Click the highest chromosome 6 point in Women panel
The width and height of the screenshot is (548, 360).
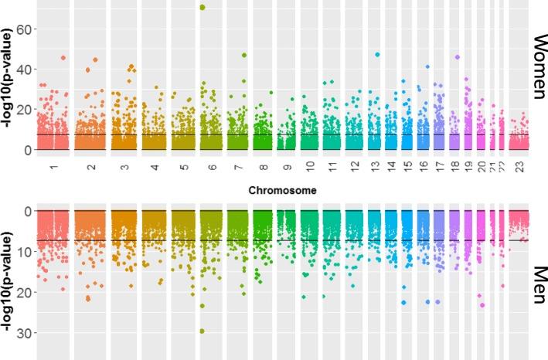point(203,8)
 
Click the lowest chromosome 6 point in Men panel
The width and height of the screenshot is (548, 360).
point(203,331)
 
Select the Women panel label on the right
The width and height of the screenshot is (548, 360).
point(539,66)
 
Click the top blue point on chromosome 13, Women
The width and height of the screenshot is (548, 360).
point(377,55)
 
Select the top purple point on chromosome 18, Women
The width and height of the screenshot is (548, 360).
point(458,57)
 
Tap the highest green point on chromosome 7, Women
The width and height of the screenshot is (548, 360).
point(243,55)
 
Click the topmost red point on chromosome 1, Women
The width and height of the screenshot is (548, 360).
point(63,58)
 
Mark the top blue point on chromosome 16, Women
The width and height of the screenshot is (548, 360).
point(427,66)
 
